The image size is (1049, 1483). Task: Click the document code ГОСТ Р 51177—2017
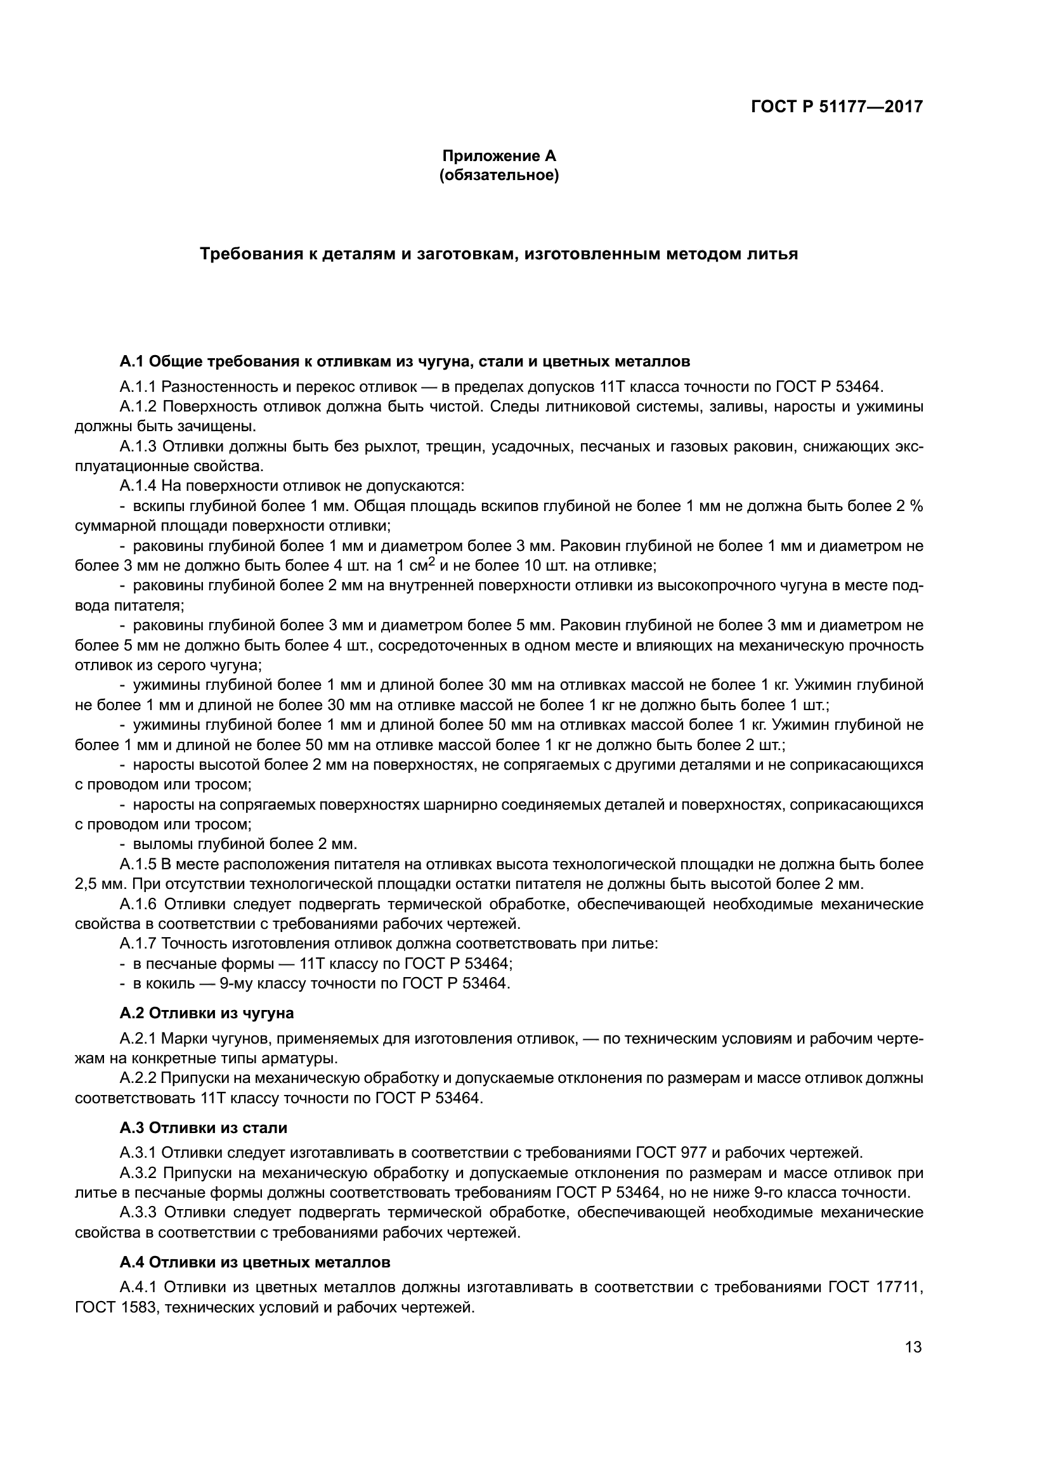837,107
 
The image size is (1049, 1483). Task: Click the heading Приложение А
498,156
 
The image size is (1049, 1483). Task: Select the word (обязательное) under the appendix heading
498,175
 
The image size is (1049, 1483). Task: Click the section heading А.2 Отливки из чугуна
206,1013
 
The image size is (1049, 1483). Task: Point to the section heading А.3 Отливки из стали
203,1128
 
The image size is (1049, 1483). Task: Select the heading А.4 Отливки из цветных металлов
254,1262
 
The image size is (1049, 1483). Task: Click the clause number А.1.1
138,387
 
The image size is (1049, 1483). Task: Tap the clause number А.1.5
138,864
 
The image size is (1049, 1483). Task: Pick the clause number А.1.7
138,943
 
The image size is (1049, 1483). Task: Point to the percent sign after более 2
916,506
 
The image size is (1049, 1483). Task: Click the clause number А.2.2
138,1078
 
